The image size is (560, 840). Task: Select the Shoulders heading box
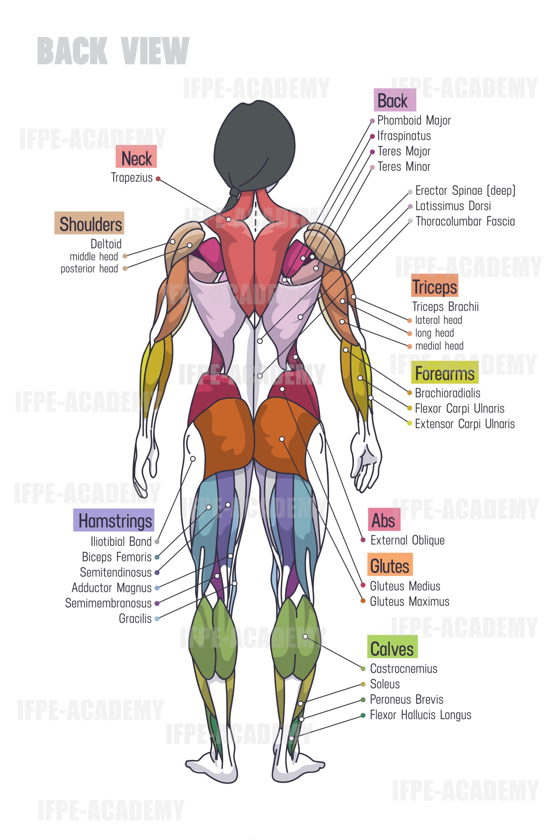coord(89,223)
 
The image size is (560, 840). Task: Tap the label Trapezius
coord(132,178)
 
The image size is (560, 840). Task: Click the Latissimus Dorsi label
coord(453,206)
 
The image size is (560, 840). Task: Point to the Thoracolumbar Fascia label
coord(465,221)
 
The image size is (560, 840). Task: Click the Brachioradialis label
coord(447,393)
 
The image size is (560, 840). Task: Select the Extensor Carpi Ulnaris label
coord(465,424)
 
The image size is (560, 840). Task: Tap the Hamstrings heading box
coord(114,520)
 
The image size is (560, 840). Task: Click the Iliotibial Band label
coord(121,541)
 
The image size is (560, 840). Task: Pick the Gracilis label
coord(135,618)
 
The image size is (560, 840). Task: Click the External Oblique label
coord(407,540)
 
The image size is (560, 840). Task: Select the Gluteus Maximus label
coord(410,601)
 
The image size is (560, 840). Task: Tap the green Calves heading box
coord(392,646)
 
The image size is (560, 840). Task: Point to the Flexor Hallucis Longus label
coord(420,715)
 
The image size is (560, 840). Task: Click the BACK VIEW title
coord(113,51)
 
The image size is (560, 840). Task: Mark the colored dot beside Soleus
coord(363,684)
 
